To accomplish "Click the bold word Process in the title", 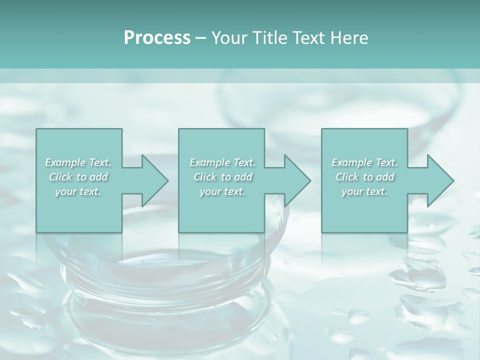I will (x=157, y=38).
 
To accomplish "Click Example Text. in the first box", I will (x=78, y=162).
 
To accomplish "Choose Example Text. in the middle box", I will (x=222, y=162).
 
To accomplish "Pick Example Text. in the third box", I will (x=364, y=162).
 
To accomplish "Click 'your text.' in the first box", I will (x=78, y=191).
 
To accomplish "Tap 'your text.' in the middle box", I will (x=222, y=191).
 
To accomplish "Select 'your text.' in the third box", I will (x=364, y=191).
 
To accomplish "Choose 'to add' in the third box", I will (x=378, y=177).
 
